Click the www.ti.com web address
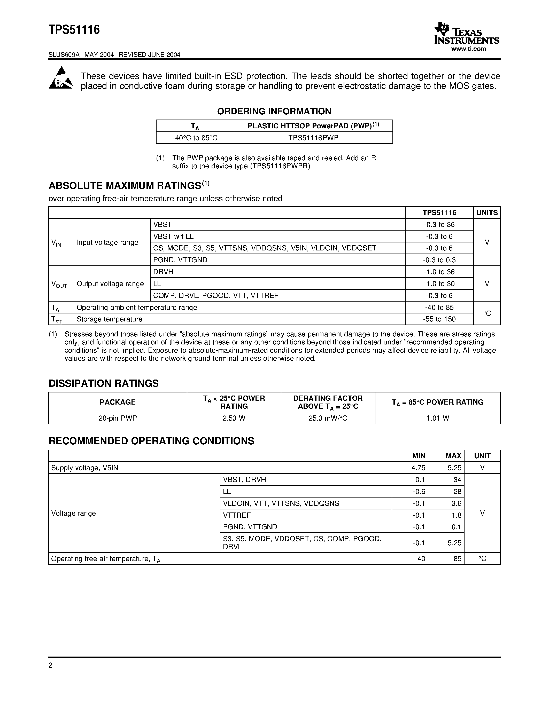468,49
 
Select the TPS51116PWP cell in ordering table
313,138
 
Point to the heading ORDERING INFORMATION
274,112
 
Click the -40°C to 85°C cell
195,138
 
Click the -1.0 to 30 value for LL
439,284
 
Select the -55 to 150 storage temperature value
439,319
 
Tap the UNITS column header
486,212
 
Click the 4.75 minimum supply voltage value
418,468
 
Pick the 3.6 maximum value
456,503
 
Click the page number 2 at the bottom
50,665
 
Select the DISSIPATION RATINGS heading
103,384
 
